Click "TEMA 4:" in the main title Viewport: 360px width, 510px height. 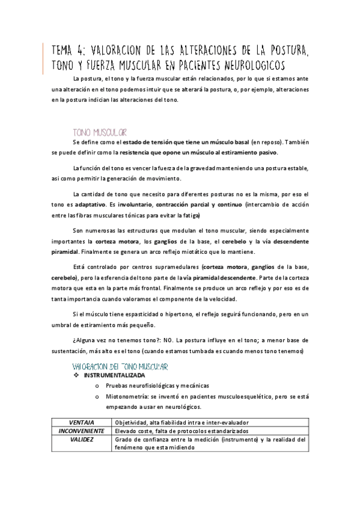click(69, 49)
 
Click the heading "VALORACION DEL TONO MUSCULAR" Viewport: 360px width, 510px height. click(120, 366)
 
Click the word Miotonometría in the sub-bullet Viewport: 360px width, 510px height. click(126, 396)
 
